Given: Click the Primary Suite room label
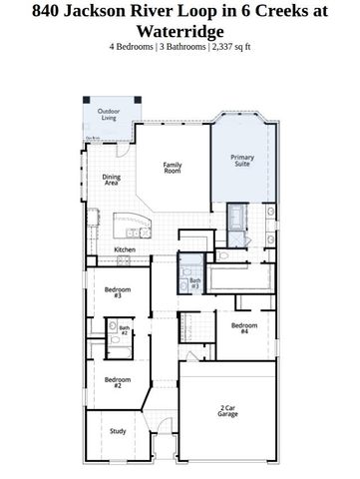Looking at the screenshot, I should pos(242,160).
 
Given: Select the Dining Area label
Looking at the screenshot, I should pos(112,180).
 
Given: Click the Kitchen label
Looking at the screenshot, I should pos(125,248).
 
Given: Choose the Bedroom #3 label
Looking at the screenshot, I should pos(117,292).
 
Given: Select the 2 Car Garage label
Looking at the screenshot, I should pos(228,410).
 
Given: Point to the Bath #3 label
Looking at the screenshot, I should pos(194,284).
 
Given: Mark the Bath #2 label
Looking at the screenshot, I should pos(125,330).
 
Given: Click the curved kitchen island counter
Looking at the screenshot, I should pos(131,222).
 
